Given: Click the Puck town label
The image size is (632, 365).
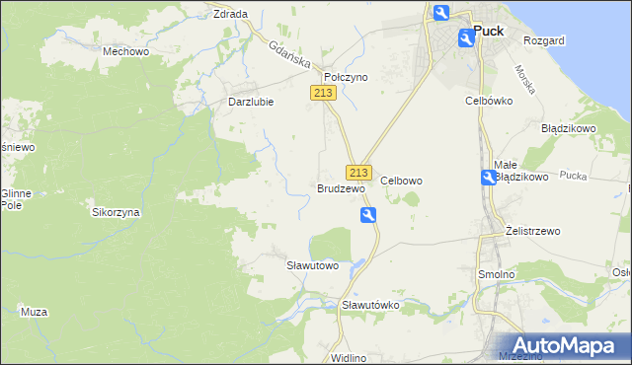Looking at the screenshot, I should point(488,31).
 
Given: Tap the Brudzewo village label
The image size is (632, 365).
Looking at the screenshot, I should point(341,187).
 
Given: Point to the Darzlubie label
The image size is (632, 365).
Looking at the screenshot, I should point(250,101).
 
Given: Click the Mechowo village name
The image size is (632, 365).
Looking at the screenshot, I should point(125,49).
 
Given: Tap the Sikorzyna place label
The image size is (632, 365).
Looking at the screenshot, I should point(117,212).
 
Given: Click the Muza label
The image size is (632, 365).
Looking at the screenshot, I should point(34,312).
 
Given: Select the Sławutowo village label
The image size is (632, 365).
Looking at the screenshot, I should point(312,265).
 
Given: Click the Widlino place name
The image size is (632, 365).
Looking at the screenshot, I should point(349,357).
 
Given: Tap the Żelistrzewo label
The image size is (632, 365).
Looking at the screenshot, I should point(532,231).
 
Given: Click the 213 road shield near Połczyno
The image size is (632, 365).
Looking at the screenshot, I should point(323,93).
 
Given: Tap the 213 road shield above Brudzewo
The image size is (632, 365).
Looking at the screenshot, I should point(358,171).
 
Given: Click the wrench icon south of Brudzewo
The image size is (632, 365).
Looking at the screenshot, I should point(368,216).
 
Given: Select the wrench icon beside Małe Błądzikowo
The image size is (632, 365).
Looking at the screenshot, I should point(489,178).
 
